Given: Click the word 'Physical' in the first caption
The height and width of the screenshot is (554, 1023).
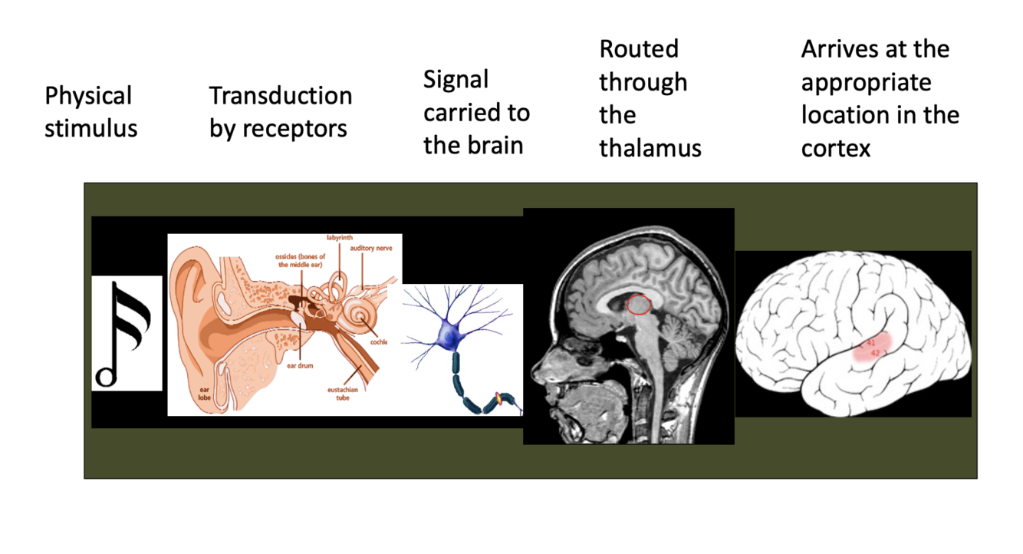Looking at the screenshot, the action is [88, 96].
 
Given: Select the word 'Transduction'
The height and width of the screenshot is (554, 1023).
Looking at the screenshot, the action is [281, 96].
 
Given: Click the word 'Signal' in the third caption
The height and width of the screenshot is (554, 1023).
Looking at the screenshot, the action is [456, 80].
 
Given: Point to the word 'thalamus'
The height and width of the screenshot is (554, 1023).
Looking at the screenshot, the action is [650, 148].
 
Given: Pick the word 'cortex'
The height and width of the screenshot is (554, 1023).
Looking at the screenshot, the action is [836, 148].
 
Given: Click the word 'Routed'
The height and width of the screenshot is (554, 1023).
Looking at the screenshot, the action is [639, 49].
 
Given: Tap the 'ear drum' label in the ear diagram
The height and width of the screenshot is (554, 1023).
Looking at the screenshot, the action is [300, 366].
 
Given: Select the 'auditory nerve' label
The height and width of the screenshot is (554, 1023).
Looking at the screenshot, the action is [372, 249].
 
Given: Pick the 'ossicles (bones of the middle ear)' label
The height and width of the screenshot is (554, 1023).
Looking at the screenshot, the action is [301, 260].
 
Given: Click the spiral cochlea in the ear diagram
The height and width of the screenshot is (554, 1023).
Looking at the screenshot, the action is [358, 315].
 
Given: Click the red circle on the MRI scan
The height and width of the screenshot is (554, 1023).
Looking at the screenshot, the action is [639, 305].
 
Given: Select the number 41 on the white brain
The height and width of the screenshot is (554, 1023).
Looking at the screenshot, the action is [871, 342].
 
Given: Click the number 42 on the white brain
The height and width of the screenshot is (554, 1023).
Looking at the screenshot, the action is [876, 352].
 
